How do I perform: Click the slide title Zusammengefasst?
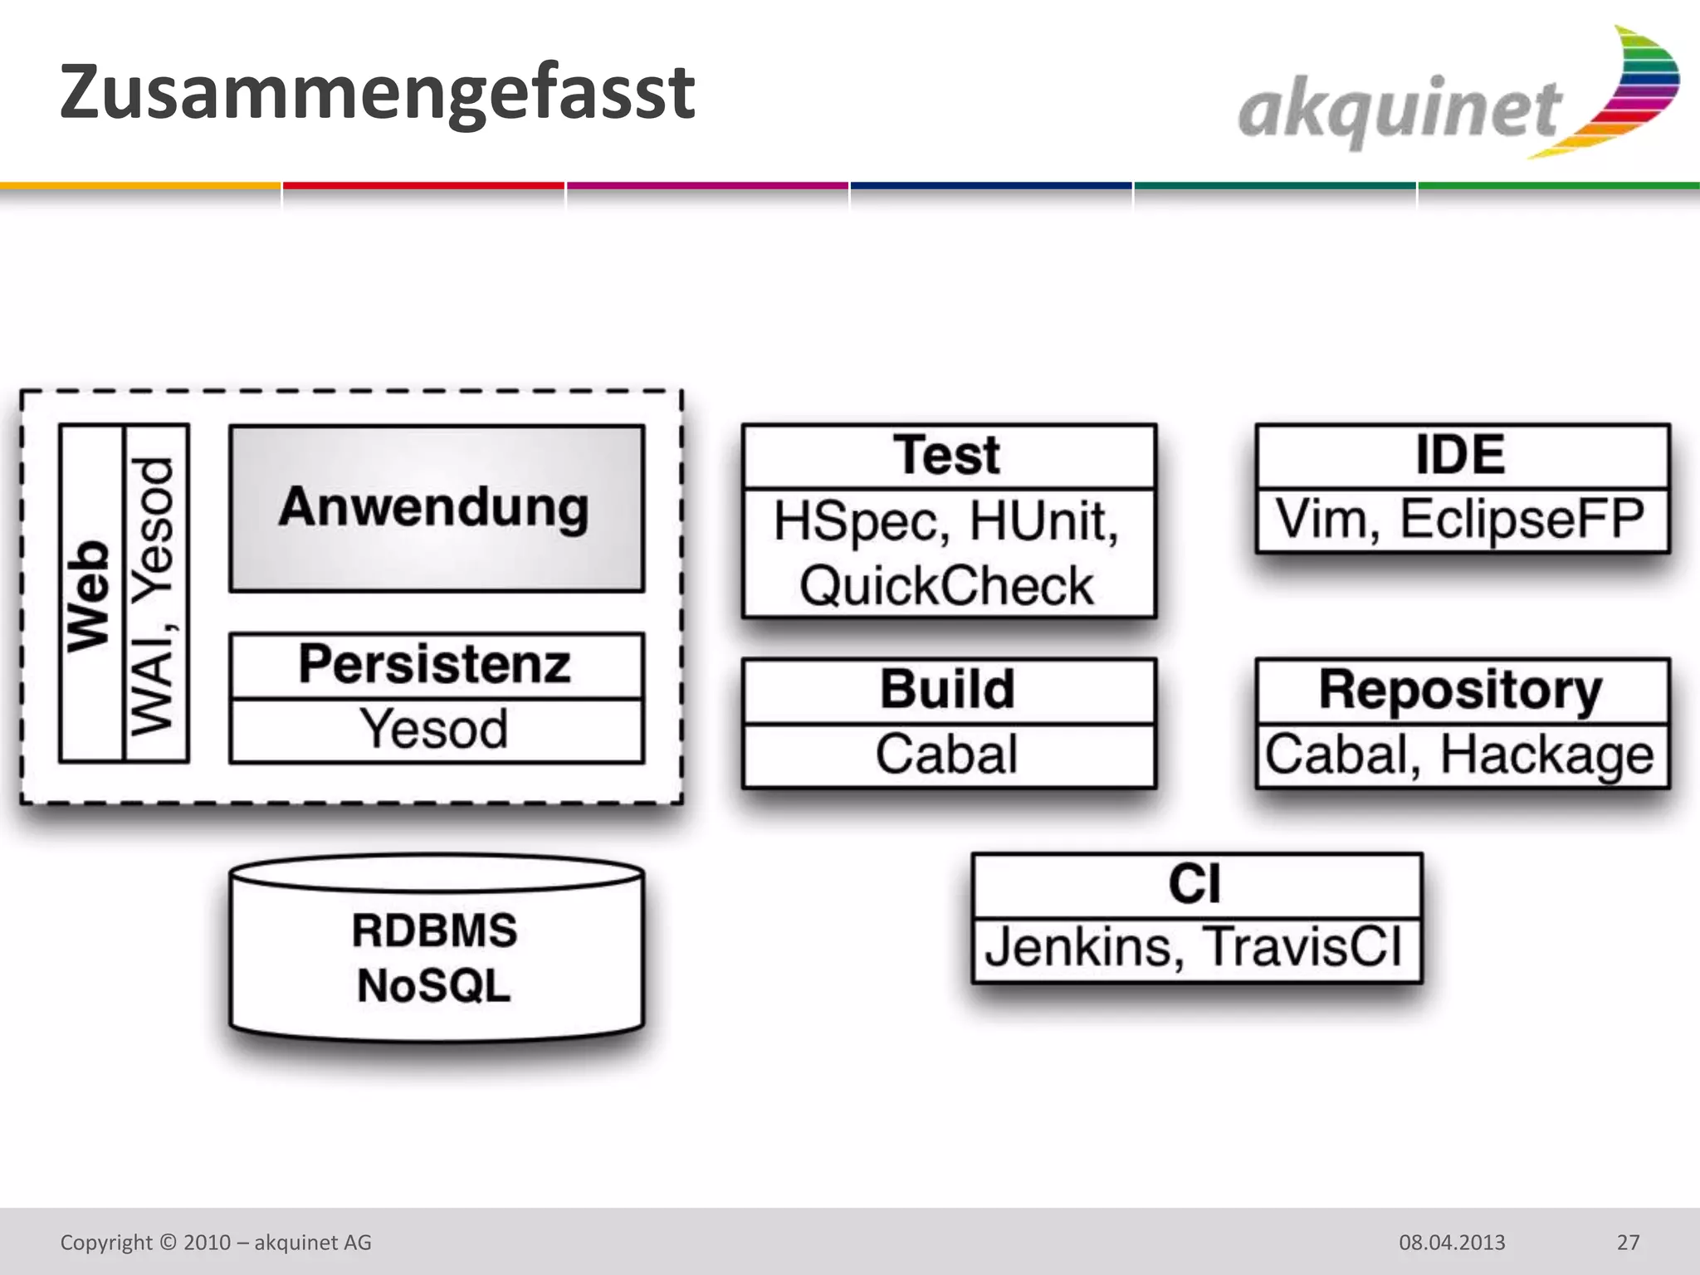pyautogui.click(x=377, y=93)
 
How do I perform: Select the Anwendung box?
pyautogui.click(x=436, y=508)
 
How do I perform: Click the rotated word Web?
pyautogui.click(x=89, y=595)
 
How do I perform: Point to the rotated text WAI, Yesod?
pyautogui.click(x=154, y=595)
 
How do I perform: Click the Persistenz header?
pyautogui.click(x=436, y=665)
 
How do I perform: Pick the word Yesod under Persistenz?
pyautogui.click(x=433, y=730)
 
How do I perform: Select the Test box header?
pyautogui.click(x=948, y=456)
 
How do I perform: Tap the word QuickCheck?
pyautogui.click(x=946, y=586)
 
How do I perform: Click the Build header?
pyautogui.click(x=948, y=690)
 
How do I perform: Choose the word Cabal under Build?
pyautogui.click(x=946, y=755)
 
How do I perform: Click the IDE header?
pyautogui.click(x=1461, y=456)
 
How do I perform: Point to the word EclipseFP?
pyautogui.click(x=1522, y=520)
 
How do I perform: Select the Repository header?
pyautogui.click(x=1461, y=690)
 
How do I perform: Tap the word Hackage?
pyautogui.click(x=1547, y=755)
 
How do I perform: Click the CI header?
pyautogui.click(x=1195, y=884)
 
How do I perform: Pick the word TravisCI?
pyautogui.click(x=1303, y=947)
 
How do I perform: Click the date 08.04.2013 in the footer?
pyautogui.click(x=1452, y=1243)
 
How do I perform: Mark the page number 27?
pyautogui.click(x=1628, y=1243)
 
